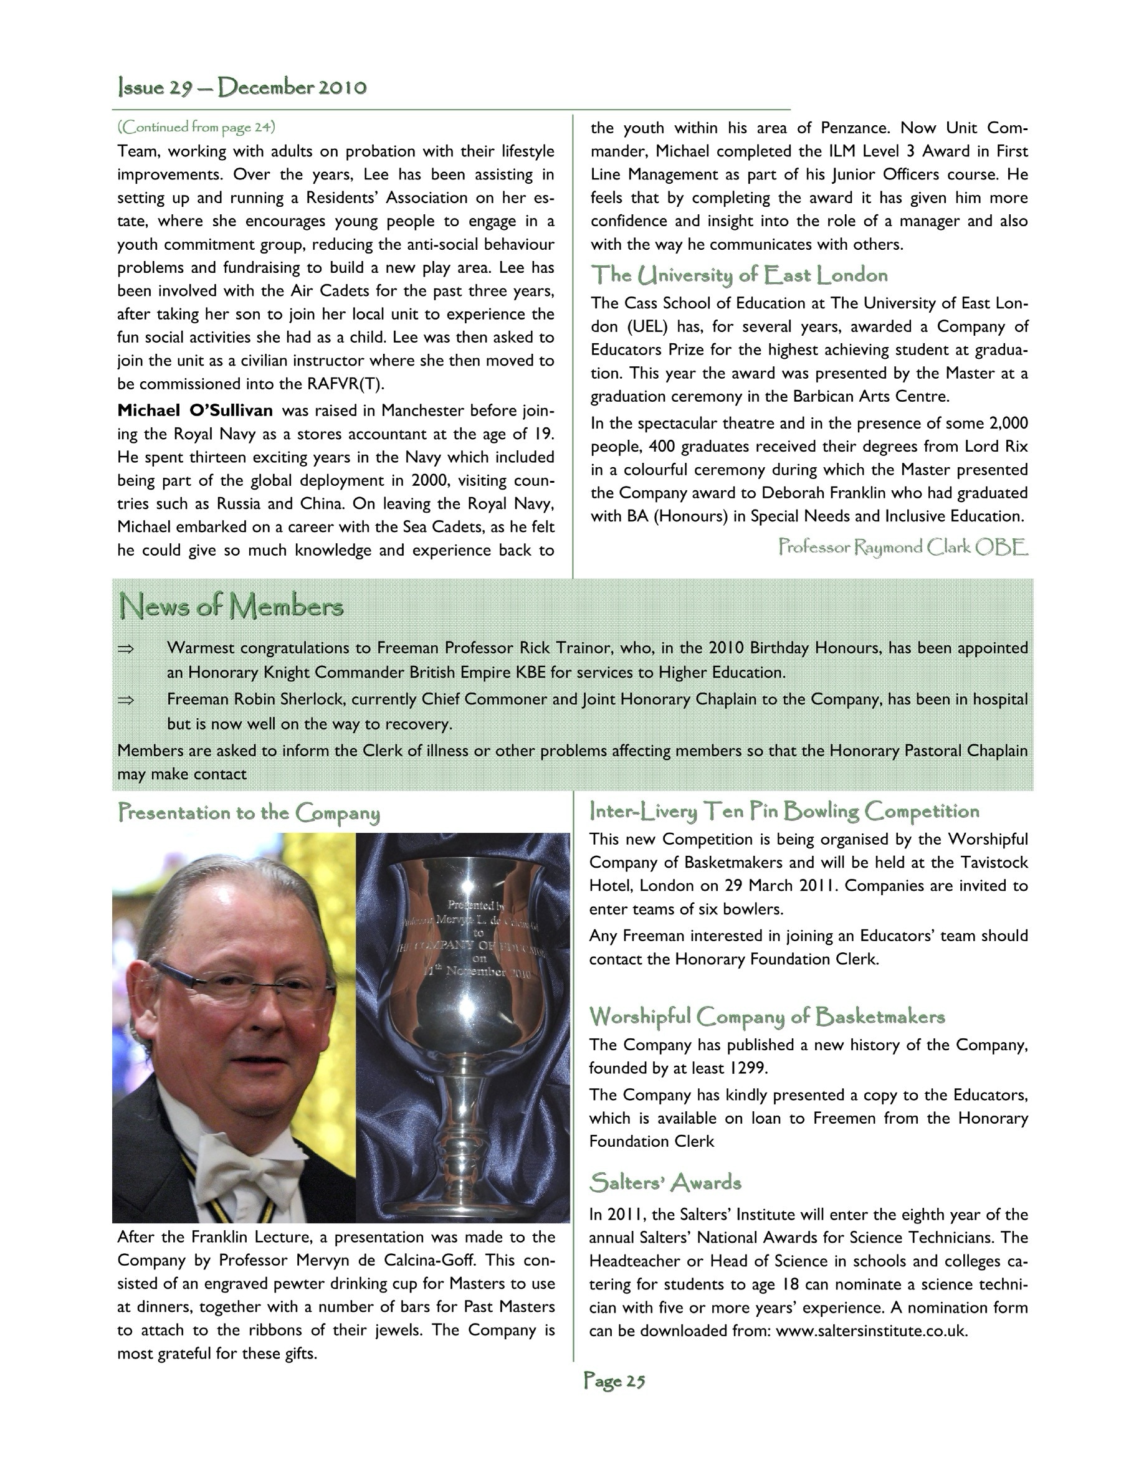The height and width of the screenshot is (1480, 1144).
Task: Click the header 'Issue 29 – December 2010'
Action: pyautogui.click(x=242, y=87)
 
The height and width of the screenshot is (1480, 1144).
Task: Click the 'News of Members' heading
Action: pyautogui.click(x=231, y=606)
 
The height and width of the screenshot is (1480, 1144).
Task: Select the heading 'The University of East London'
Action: pyautogui.click(x=739, y=275)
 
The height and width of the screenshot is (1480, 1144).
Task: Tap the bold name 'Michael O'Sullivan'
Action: pyautogui.click(x=195, y=410)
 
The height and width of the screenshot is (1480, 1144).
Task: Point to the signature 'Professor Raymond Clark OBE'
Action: pyautogui.click(x=903, y=547)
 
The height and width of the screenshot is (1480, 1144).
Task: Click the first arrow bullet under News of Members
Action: pyautogui.click(x=126, y=648)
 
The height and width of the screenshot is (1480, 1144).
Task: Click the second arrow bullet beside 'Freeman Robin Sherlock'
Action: pyautogui.click(x=126, y=700)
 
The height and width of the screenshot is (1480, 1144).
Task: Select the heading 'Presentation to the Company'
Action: pyautogui.click(x=249, y=812)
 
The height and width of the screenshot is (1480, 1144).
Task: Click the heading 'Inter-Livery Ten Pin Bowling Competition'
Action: pyautogui.click(x=784, y=811)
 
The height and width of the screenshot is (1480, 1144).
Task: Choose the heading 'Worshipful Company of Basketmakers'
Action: pyautogui.click(x=766, y=1017)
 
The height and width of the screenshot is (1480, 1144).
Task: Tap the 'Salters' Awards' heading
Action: pyautogui.click(x=665, y=1182)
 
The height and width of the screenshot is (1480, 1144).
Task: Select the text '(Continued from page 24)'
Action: pyautogui.click(x=196, y=126)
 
